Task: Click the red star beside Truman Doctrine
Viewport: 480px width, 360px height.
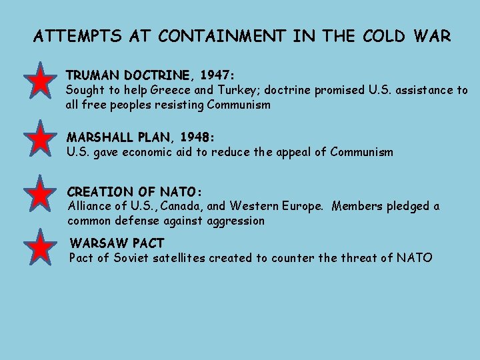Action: [41, 81]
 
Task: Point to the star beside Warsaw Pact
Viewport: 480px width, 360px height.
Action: [41, 247]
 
